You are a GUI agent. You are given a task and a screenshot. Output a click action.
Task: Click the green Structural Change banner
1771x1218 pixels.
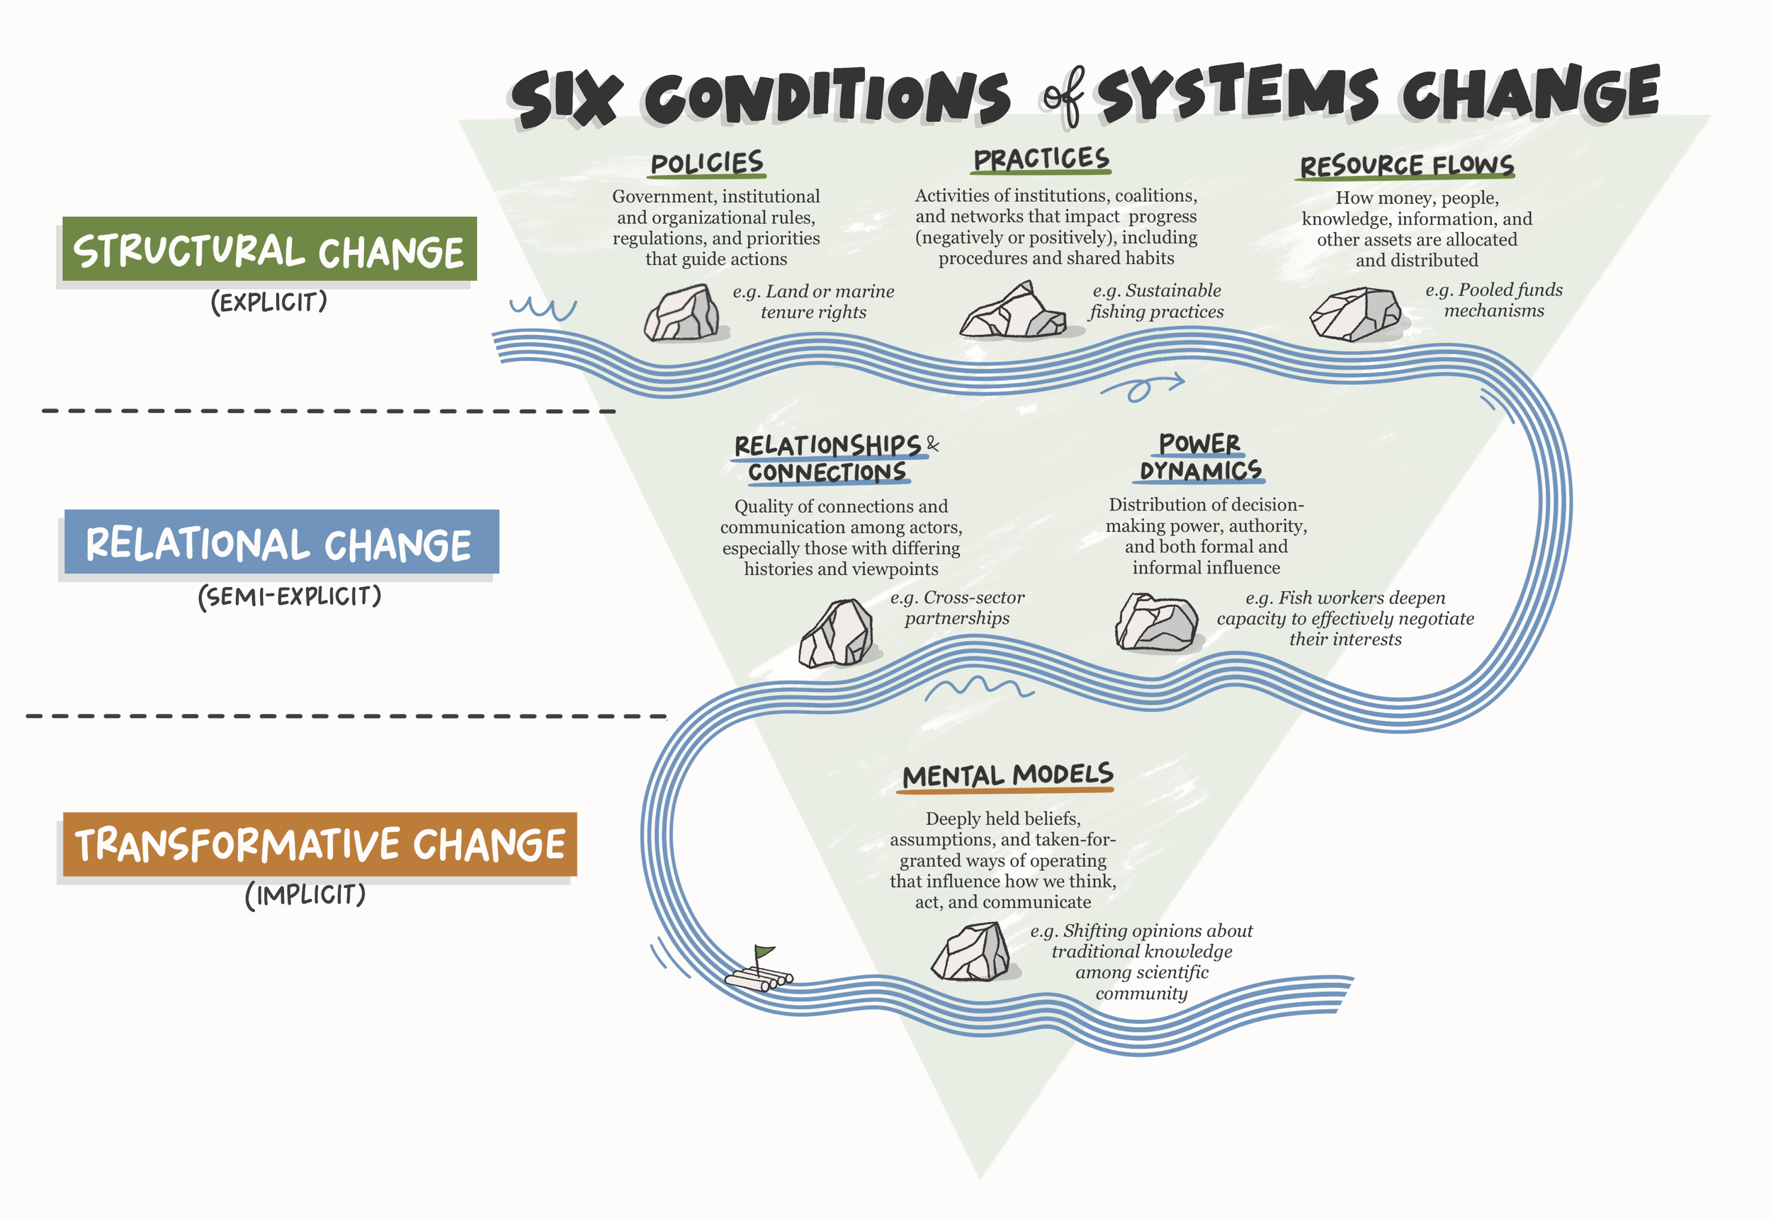(268, 249)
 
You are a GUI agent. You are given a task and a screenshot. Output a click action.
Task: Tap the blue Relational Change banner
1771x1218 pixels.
(281, 542)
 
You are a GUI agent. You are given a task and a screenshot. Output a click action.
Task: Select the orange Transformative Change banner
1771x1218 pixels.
(319, 845)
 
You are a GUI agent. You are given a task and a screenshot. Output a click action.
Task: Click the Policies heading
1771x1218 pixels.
(707, 163)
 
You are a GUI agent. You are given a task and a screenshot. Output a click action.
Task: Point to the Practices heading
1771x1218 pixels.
(1041, 159)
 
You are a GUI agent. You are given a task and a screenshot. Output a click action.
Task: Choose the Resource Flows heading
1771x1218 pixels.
(1406, 166)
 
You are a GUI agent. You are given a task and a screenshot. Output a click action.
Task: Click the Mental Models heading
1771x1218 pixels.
(1007, 775)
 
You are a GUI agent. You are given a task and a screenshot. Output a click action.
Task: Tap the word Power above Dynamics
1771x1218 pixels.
(1199, 443)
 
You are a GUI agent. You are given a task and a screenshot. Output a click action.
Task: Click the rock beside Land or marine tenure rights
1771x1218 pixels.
(681, 314)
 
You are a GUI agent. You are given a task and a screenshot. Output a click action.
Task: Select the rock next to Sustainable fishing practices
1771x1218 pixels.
(1013, 312)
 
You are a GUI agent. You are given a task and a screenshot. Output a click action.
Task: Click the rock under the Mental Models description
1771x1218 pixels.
(971, 952)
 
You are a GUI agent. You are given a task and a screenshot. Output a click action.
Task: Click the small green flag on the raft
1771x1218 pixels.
(764, 952)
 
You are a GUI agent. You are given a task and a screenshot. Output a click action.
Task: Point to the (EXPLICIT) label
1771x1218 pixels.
(268, 302)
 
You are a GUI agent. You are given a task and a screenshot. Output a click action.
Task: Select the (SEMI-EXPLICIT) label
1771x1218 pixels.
(289, 596)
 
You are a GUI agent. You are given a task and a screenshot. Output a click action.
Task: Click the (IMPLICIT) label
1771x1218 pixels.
(305, 894)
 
